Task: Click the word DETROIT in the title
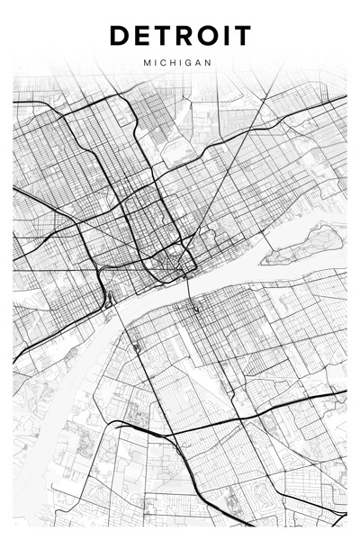(180, 36)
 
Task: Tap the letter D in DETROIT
(120, 36)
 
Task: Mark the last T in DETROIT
(242, 36)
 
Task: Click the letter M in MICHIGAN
(146, 64)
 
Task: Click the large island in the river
(306, 244)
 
